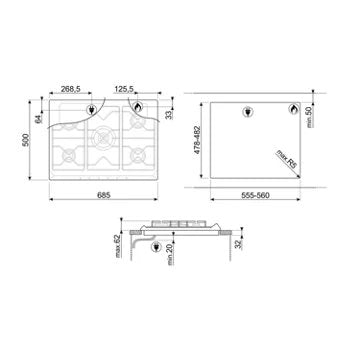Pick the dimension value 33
(168, 115)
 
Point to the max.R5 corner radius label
(288, 159)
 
